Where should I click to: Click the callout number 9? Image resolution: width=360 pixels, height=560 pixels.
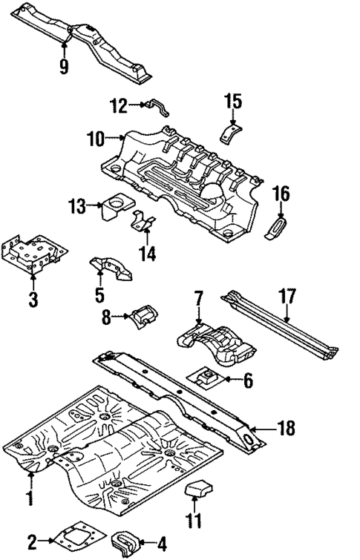65,67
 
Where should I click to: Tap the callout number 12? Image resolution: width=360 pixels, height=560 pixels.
119,106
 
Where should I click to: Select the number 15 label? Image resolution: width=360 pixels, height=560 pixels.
233,100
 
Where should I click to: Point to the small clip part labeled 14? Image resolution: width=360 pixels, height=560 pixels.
144,220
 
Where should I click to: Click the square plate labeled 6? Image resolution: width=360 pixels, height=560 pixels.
212,378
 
